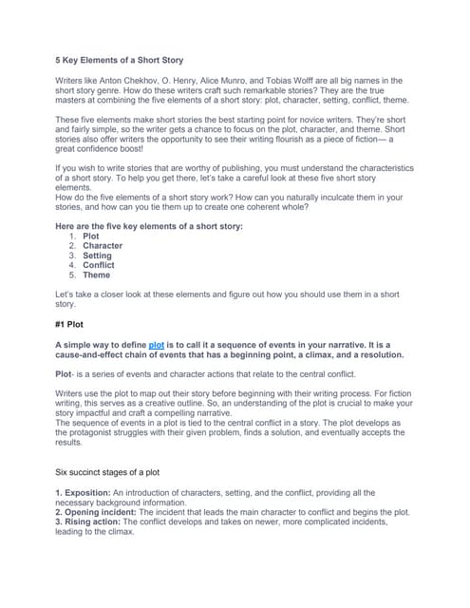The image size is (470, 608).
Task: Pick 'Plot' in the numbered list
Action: [x=91, y=237]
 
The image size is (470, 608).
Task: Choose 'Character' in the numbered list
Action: [x=103, y=246]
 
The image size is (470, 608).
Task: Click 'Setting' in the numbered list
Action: [x=97, y=256]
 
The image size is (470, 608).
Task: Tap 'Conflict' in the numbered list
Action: [x=99, y=265]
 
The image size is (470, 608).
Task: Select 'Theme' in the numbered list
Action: [x=96, y=275]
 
